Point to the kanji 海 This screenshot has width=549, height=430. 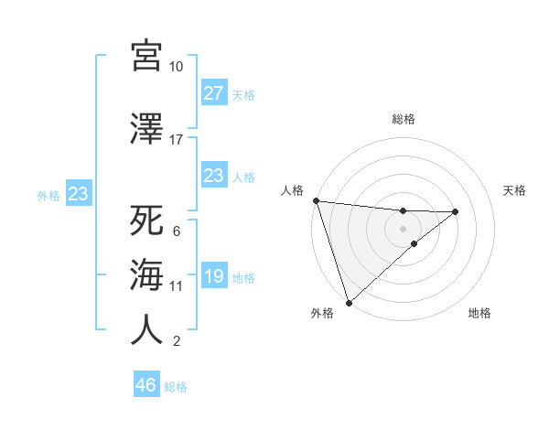click(x=146, y=275)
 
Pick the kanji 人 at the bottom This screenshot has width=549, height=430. click(x=146, y=330)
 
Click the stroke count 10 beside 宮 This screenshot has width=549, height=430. click(x=177, y=67)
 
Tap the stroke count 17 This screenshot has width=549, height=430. click(x=177, y=140)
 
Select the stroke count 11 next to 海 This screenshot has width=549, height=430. click(x=177, y=286)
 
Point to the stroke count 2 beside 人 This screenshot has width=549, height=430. click(x=177, y=341)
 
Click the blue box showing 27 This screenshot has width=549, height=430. click(x=213, y=93)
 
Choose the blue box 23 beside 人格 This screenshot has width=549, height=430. click(x=213, y=176)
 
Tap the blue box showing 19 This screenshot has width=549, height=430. click(x=213, y=277)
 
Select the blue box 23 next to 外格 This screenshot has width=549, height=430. click(x=78, y=194)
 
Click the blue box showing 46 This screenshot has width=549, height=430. click(x=146, y=385)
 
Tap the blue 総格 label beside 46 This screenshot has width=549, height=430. click(x=176, y=387)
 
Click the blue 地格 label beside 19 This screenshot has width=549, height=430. click(x=243, y=278)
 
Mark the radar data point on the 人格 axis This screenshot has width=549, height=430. click(x=316, y=200)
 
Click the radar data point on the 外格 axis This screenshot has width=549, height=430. click(x=349, y=302)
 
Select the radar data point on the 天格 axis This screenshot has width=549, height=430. click(x=456, y=211)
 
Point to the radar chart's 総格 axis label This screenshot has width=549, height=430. click(x=403, y=119)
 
